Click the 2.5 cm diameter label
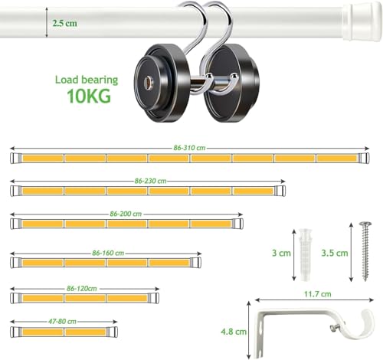point(64,23)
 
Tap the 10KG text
point(89,96)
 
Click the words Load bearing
point(87,80)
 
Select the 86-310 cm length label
point(189,148)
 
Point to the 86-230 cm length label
point(150,181)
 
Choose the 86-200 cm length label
point(126,214)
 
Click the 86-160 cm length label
point(108,253)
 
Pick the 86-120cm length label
point(82,289)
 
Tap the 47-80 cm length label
point(62,321)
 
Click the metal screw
point(365,251)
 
